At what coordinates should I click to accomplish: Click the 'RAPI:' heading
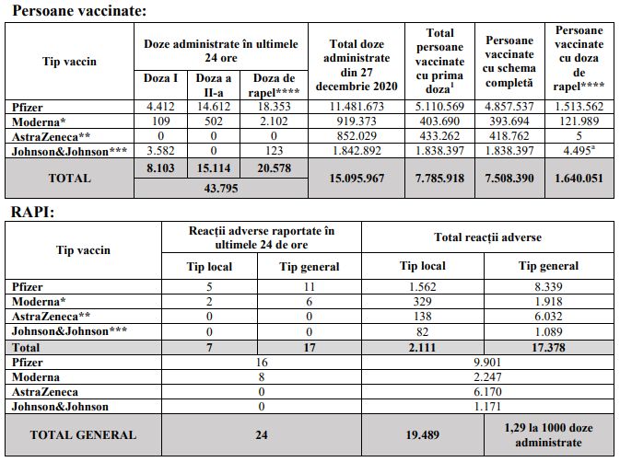click(x=35, y=211)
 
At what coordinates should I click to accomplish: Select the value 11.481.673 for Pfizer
click(x=359, y=107)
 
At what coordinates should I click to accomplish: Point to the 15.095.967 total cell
click(x=359, y=178)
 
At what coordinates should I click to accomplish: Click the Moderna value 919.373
click(x=359, y=121)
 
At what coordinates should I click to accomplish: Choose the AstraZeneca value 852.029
click(x=359, y=136)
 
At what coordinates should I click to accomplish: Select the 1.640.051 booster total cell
click(x=579, y=178)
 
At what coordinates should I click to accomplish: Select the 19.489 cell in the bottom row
click(x=421, y=435)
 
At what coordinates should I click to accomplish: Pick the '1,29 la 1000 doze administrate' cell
click(x=547, y=435)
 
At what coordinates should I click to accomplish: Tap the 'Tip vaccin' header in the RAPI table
click(x=83, y=250)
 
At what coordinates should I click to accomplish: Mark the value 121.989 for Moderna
click(x=579, y=121)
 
